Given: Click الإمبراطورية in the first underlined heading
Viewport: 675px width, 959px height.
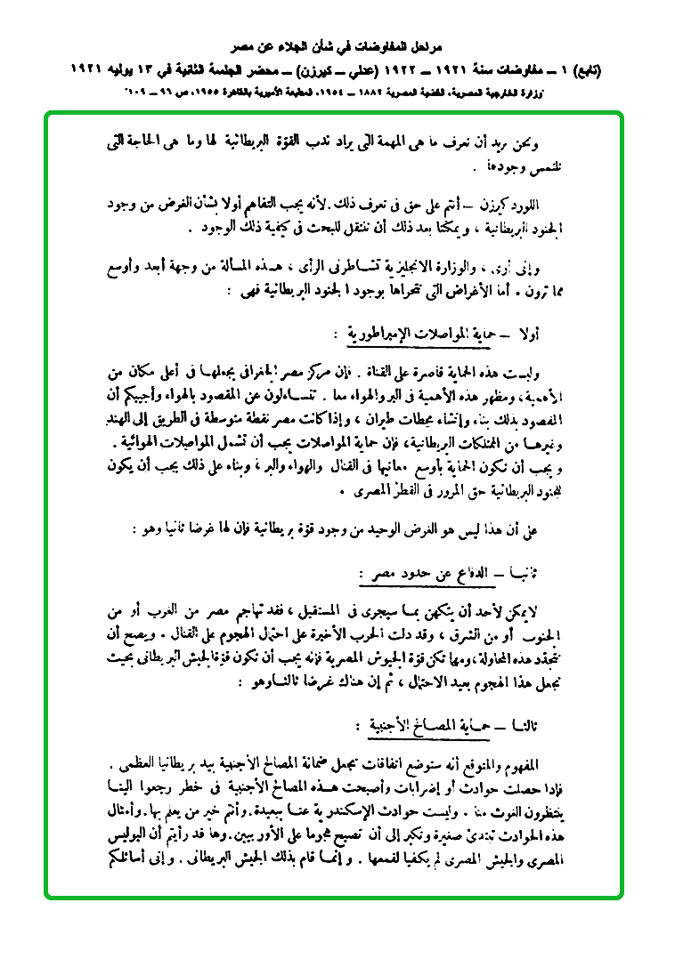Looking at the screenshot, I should point(389,335).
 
